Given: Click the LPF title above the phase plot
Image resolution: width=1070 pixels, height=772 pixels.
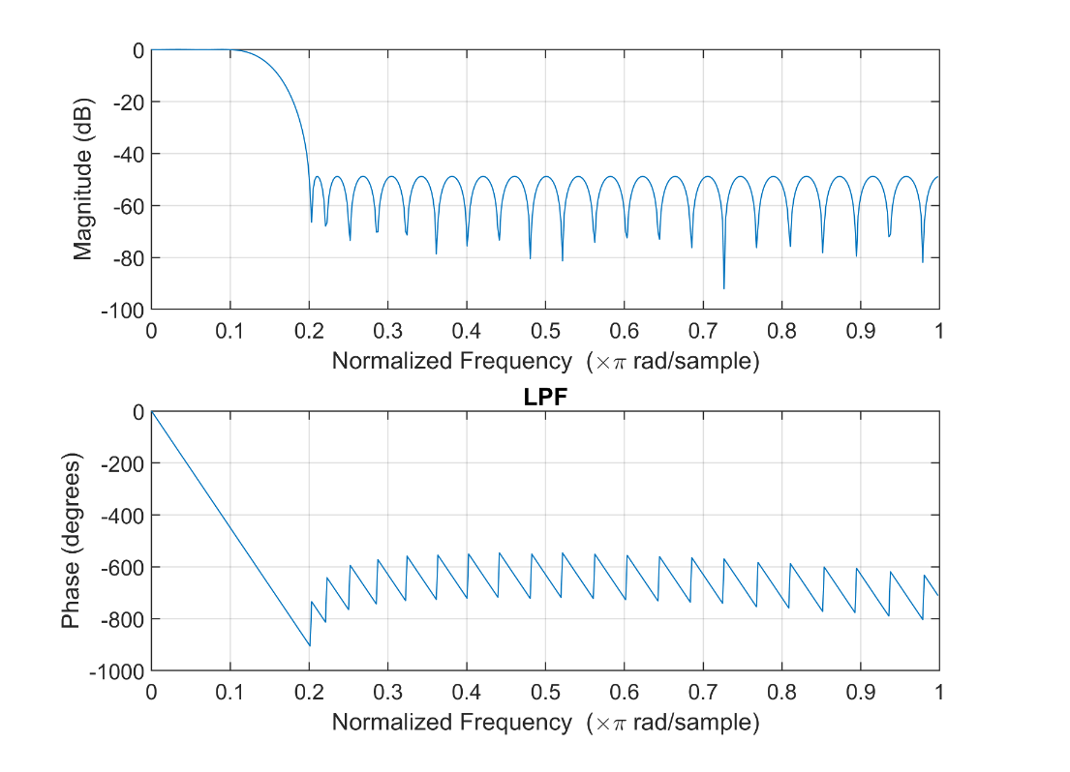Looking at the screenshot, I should [x=545, y=399].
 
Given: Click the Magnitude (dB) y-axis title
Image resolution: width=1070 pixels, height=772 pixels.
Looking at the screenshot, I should [x=83, y=179].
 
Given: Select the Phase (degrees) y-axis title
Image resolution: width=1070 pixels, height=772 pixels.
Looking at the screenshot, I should [x=70, y=541].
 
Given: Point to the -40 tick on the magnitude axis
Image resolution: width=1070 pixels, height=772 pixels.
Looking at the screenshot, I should [x=130, y=154].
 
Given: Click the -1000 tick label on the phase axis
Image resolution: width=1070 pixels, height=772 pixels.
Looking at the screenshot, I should [x=117, y=670].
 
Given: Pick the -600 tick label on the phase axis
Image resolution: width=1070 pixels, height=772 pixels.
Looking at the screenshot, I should [x=122, y=567].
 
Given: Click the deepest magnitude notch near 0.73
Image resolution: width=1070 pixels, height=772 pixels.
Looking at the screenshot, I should [x=723, y=287].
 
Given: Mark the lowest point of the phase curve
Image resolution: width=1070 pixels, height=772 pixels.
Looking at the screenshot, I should [x=309, y=644].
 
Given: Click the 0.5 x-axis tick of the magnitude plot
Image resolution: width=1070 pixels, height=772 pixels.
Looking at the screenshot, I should [x=545, y=329].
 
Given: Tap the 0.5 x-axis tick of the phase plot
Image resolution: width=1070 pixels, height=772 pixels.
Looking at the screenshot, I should [x=545, y=690].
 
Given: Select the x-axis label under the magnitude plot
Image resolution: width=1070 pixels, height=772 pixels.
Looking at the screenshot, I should [x=545, y=361].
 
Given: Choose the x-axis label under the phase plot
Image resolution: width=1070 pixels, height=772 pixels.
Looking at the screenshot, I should [x=545, y=722].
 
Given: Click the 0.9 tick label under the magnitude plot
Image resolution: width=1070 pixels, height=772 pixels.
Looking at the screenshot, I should [x=860, y=329].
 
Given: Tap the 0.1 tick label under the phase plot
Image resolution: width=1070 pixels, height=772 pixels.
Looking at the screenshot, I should [x=230, y=690].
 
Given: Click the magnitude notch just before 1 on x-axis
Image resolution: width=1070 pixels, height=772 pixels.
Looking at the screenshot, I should [x=922, y=261].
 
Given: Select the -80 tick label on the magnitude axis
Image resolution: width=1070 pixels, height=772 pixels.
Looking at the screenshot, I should [x=130, y=257].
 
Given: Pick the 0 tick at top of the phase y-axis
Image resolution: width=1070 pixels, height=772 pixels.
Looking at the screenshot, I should [x=139, y=412].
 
